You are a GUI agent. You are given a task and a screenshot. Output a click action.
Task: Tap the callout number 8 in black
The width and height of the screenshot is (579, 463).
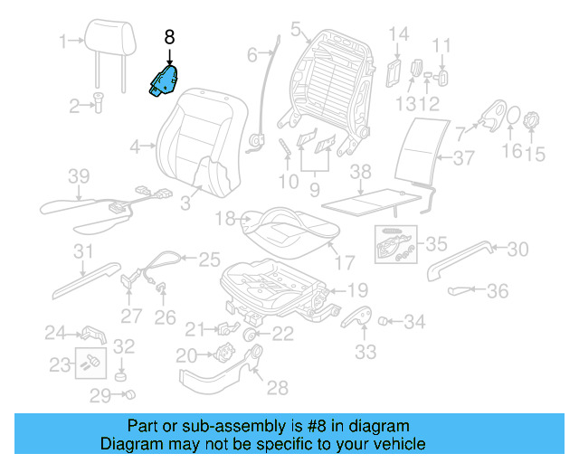[170, 38]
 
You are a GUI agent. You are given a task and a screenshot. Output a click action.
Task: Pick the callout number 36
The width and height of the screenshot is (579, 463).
[498, 291]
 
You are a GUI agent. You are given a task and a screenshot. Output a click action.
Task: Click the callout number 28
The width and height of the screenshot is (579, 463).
[277, 388]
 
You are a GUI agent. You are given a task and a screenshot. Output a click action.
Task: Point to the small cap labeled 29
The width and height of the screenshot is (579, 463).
[130, 394]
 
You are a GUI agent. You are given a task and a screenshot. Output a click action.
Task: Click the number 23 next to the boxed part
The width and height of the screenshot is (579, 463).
[59, 365]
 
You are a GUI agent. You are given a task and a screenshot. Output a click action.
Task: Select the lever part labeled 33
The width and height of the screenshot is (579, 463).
[359, 320]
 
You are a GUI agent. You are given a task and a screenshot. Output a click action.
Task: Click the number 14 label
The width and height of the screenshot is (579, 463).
[399, 35]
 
